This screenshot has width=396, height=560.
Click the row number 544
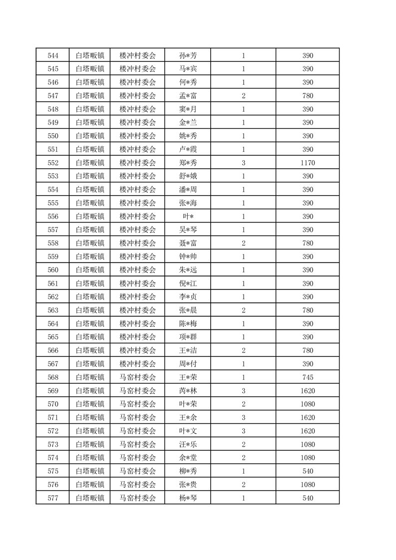52,55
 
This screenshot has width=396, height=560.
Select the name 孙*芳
188,55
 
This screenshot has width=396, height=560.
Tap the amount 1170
308,163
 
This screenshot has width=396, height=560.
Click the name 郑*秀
188,163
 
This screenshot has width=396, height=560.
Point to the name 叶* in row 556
188,217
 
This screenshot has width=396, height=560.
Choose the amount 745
308,377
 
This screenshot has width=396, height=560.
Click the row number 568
52,377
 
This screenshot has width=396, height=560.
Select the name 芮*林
188,391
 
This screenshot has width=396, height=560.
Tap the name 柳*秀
188,471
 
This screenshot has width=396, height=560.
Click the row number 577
52,498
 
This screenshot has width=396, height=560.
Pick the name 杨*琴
188,498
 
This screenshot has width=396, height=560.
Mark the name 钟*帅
188,257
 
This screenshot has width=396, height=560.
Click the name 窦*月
188,109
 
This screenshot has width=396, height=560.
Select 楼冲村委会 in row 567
138,364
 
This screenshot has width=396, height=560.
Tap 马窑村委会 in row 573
138,444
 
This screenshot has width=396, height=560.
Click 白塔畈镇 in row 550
90,136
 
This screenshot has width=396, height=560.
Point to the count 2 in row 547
243,96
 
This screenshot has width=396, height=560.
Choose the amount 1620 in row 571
308,417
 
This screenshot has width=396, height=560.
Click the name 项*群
188,337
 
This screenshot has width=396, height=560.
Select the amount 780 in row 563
308,310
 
